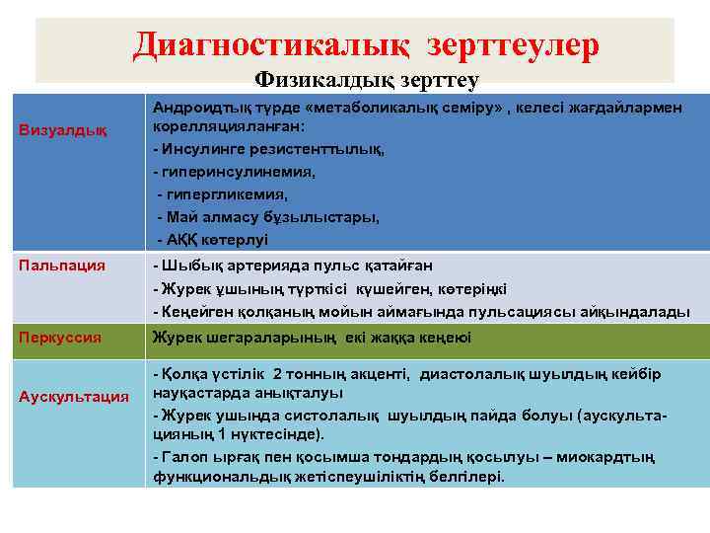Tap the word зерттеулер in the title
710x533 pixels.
pyautogui.click(x=512, y=45)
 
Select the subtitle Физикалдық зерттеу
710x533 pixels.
pyautogui.click(x=367, y=81)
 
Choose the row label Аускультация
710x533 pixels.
pyautogui.click(x=74, y=396)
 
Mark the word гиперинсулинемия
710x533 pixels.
pyautogui.click(x=238, y=172)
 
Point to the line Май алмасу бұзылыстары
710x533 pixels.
pyautogui.click(x=271, y=216)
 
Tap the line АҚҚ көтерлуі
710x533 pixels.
pyautogui.click(x=216, y=239)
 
